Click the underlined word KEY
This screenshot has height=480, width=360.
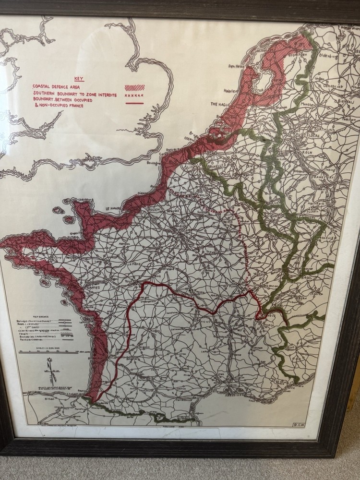[x=79, y=79]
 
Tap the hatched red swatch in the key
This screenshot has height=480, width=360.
[x=134, y=88]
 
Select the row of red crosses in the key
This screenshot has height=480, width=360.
[x=134, y=96]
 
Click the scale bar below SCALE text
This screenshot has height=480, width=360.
[x=43, y=351]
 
